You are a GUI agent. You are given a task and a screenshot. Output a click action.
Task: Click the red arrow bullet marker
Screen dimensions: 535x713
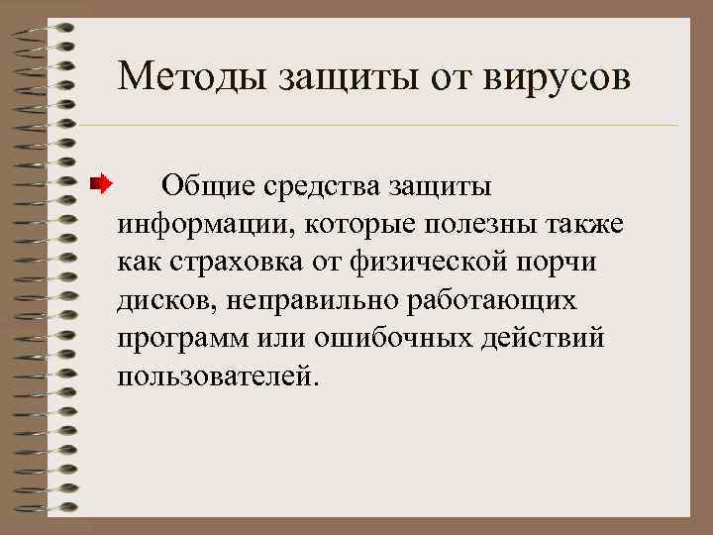100,183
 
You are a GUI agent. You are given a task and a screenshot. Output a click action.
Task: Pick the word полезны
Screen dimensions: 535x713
479,223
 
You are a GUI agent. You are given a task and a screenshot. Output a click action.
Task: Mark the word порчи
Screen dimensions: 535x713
567,262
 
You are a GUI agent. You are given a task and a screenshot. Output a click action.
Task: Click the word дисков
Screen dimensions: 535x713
162,299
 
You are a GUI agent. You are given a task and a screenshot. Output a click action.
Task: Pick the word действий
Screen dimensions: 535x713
544,338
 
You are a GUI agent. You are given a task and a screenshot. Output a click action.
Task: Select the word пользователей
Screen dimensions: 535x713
218,376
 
